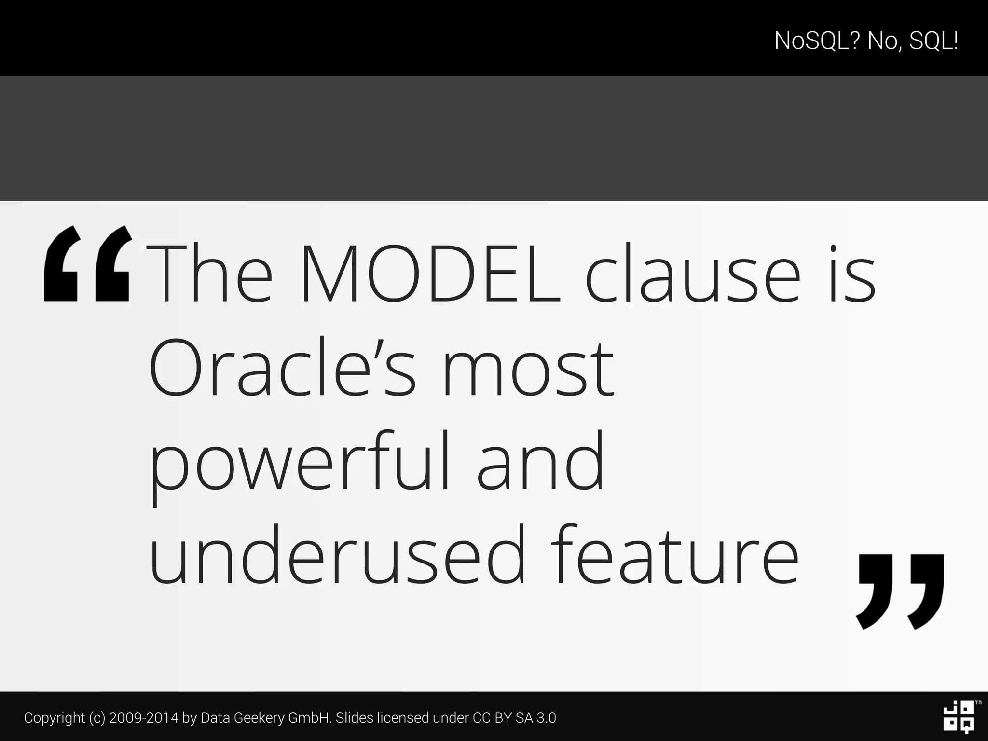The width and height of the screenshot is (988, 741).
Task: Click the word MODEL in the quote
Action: pos(431,274)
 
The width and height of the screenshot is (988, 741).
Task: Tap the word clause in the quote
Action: pos(693,274)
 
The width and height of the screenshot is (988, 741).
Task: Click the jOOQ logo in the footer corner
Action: pos(959,717)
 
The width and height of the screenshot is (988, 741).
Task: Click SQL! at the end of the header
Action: pos(933,41)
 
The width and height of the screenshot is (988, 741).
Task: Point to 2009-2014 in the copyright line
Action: pos(143,718)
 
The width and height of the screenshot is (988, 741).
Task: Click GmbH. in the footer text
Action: pos(310,718)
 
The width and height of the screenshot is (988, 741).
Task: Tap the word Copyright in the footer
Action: pos(55,718)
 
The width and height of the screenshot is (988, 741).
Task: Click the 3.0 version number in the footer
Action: pos(546,718)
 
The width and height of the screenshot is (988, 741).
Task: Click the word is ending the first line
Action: pos(852,274)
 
